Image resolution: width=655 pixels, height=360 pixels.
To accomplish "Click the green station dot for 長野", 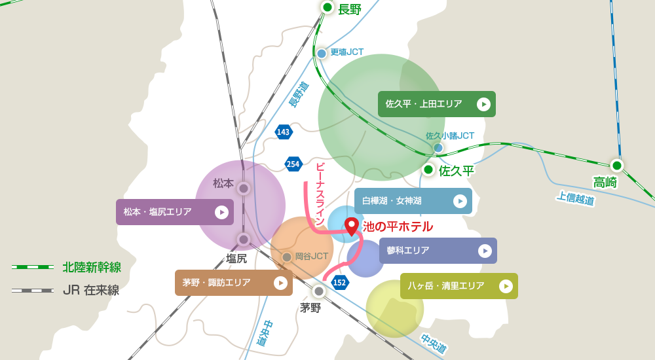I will coord(327,7).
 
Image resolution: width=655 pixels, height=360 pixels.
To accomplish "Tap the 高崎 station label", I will coord(605,183).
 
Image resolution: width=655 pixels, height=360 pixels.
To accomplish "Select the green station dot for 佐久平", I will coord(428,170).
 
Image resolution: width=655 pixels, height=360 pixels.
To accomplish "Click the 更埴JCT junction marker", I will coord(322,53).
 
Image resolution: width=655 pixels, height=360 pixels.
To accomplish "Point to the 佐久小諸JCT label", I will coord(450,135).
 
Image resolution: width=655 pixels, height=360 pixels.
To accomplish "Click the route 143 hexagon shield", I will coord(284,132).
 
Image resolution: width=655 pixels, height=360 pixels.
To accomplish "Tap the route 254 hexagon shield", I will coord(293,164).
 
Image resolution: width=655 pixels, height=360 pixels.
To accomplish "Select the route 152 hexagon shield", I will coord(340,283).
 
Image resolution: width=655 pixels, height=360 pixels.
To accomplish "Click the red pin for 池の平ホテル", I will coord(352,226).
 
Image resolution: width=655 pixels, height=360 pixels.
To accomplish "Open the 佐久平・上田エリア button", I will coord(436,104).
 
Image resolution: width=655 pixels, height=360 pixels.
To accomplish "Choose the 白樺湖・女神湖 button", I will coord(413,201).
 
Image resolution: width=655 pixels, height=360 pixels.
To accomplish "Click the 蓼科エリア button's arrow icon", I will coord(485,251).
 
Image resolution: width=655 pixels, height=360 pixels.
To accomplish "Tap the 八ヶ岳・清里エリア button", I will coord(458,286).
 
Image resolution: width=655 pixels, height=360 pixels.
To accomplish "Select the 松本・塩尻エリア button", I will coord(174,212).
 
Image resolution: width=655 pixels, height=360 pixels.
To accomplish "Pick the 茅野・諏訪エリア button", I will coord(233,283).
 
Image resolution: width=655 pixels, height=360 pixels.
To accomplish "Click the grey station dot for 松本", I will coord(244,189).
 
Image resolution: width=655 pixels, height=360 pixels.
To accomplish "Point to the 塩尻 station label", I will coord(236,259).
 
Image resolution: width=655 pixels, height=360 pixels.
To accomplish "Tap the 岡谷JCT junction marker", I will coord(287,257).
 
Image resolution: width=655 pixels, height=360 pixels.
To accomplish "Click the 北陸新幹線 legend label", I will coord(92,267).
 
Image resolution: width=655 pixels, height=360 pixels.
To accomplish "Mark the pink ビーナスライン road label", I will coord(320,193).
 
